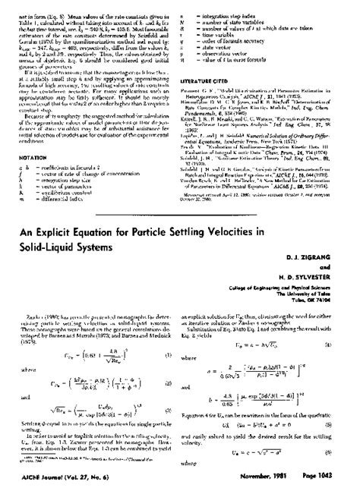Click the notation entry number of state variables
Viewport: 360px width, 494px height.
point(244,15)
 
